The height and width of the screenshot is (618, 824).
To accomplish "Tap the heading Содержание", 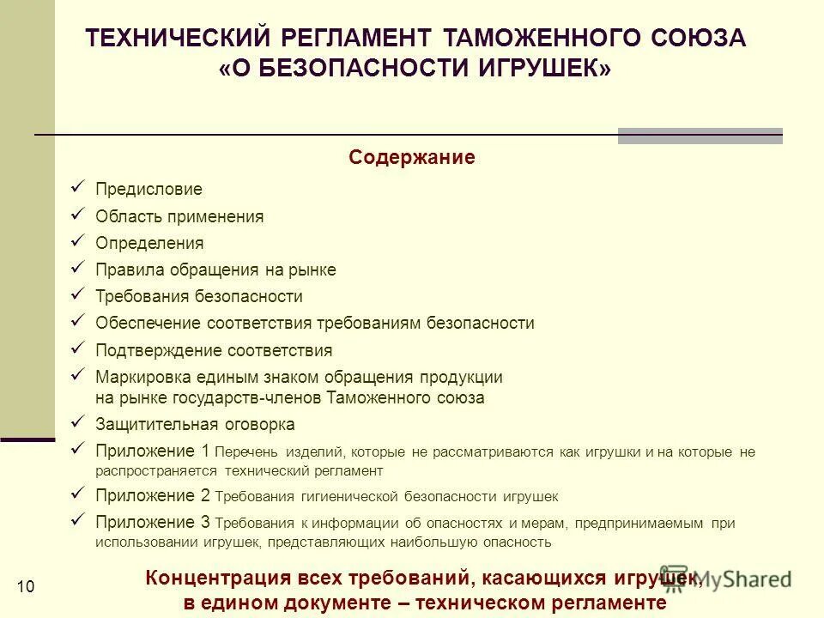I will coord(412,158).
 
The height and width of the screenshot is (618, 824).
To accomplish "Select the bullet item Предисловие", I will coord(148,189).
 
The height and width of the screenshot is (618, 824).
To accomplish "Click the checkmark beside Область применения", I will coord(77,214).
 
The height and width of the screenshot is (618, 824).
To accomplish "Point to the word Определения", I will coord(149,243).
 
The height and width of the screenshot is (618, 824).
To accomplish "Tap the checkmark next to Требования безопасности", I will coord(77,294).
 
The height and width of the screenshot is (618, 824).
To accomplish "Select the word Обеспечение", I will coord(148,323).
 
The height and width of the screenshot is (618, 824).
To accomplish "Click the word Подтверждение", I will coord(160,350).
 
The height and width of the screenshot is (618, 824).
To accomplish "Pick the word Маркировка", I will coord(139,377).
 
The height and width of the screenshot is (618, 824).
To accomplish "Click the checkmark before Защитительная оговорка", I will coord(77,421).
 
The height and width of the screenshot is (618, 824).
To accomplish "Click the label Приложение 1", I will coord(153,451).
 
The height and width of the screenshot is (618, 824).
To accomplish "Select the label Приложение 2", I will coord(153,495).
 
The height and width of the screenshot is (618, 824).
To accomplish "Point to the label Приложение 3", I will coord(153,522).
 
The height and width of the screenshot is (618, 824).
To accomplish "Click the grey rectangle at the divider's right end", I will coord(700,136).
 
